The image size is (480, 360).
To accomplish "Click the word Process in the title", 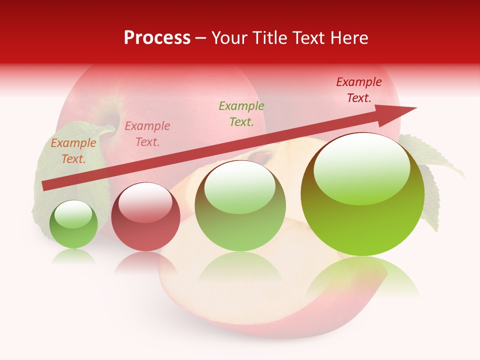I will point(157,38).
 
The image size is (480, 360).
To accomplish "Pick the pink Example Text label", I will point(147,134).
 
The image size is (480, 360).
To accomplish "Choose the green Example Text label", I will point(241,114).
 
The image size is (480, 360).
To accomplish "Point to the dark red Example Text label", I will point(359,90).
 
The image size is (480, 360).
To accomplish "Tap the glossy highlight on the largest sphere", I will point(362,169).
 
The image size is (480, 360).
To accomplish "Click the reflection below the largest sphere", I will point(362,275).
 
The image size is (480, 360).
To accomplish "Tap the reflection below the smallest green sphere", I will point(73,256).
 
